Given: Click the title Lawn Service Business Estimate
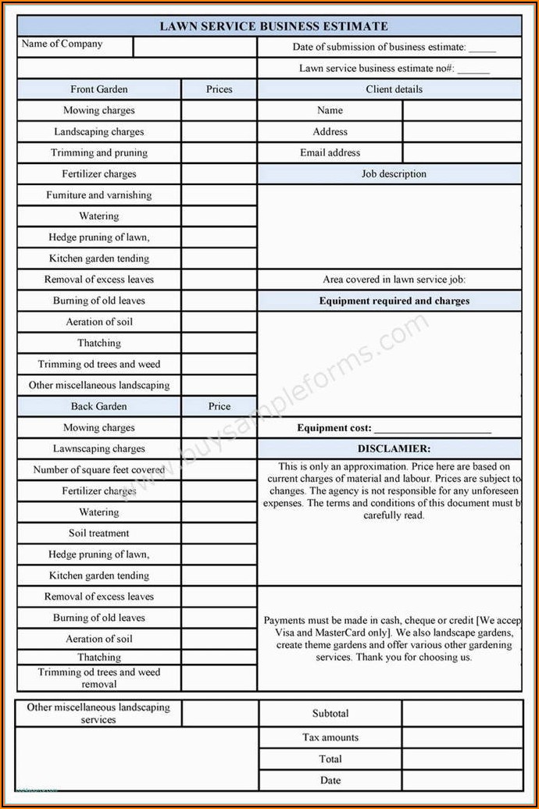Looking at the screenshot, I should pos(273,27).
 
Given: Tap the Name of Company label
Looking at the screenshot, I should pos(62,45).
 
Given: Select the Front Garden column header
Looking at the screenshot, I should pos(99,90).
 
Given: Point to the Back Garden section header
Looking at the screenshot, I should pos(99,407).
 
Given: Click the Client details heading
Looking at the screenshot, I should pos(394,90).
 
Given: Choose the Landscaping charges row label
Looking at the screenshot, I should pos(99,132).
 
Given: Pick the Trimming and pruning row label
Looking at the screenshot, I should pos(99,153).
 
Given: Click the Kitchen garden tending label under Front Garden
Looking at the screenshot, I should pos(99,258).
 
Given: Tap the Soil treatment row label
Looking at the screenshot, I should pos(99,533).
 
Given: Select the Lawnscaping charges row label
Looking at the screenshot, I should pos(99,449).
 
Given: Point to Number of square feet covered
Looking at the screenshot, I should pos(99,470).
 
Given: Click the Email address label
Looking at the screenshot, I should pos(330,153).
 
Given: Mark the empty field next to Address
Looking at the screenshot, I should pos(462,132).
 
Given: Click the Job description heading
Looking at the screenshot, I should pos(394,174).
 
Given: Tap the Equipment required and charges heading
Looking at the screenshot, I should pos(394,301).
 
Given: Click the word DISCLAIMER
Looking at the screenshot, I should pos(394,449).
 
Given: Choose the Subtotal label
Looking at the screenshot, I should pos(330,714).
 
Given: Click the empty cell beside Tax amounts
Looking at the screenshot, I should pos(462,738).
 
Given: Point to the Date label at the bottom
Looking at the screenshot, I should pos(330,780).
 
